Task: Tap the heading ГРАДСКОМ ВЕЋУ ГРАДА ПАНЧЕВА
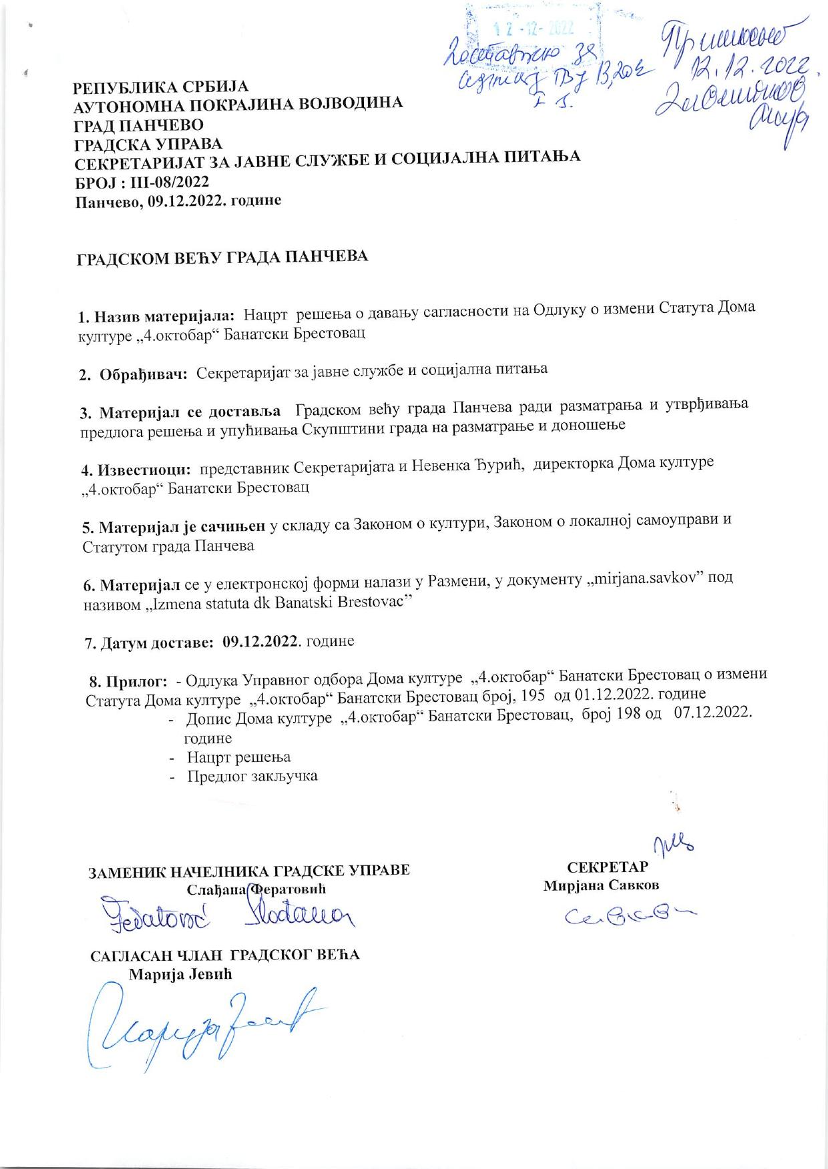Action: pos(220,258)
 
